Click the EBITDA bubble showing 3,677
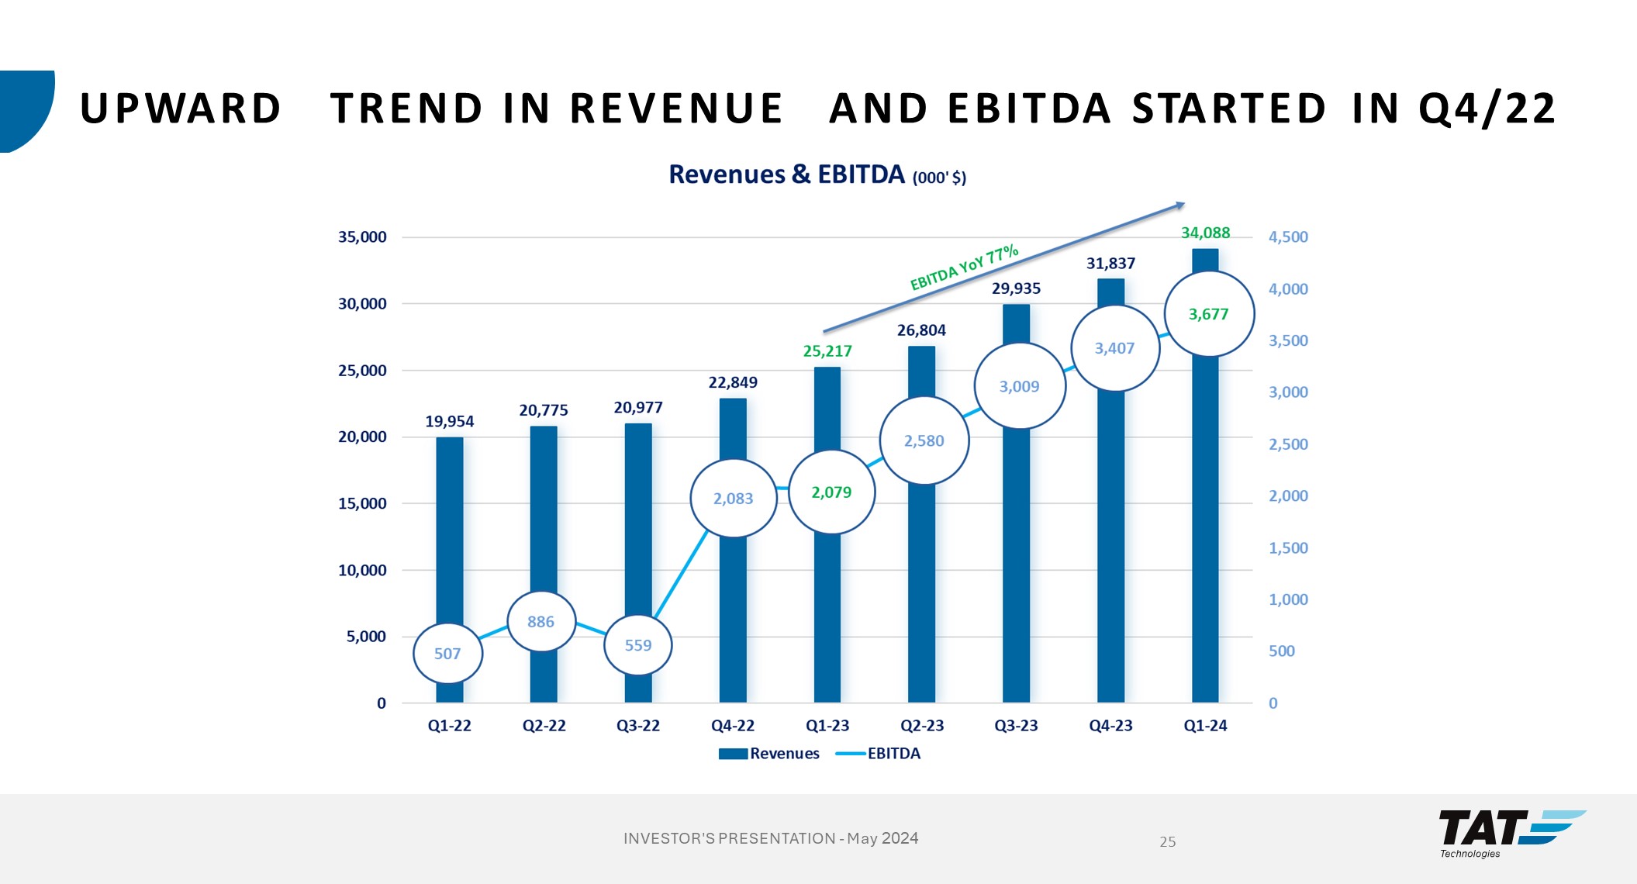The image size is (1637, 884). pyautogui.click(x=1209, y=314)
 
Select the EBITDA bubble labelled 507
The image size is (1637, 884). pyautogui.click(x=447, y=654)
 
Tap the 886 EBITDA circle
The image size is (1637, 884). pyautogui.click(x=541, y=622)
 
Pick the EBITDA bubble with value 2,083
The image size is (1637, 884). pyautogui.click(x=733, y=499)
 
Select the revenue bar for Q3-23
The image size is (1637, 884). pyautogui.click(x=1016, y=543)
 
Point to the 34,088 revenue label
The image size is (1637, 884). pyautogui.click(x=1205, y=233)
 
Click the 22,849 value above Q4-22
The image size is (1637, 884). pyautogui.click(x=733, y=382)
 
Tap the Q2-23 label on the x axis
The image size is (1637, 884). pyautogui.click(x=922, y=726)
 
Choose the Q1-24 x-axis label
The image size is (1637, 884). pyautogui.click(x=1205, y=726)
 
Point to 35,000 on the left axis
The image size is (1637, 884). pyautogui.click(x=362, y=237)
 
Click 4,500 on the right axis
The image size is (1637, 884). pyautogui.click(x=1288, y=237)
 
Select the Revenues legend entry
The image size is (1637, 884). pyautogui.click(x=769, y=754)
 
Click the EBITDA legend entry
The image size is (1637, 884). pyautogui.click(x=879, y=754)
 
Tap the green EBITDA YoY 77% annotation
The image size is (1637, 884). pyautogui.click(x=964, y=268)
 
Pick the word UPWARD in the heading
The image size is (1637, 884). pyautogui.click(x=181, y=109)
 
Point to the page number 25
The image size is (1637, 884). pyautogui.click(x=1168, y=841)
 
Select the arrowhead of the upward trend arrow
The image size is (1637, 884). pyautogui.click(x=1180, y=205)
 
